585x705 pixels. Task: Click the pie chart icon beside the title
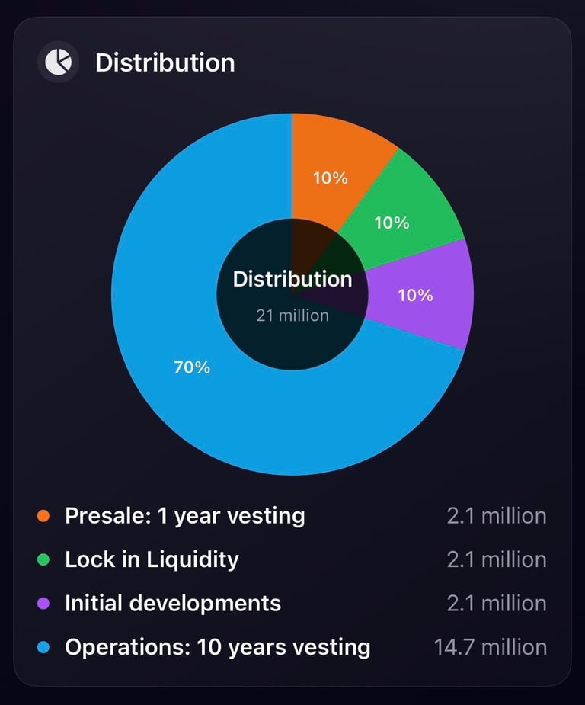click(58, 62)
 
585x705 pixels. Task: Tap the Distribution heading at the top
click(165, 62)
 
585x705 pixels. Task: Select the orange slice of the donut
click(335, 152)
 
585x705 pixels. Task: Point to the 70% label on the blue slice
click(192, 367)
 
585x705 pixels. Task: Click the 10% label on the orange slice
click(330, 178)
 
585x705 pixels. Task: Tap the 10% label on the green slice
click(392, 223)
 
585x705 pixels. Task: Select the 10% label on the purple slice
click(415, 295)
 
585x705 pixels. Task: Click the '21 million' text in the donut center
click(292, 315)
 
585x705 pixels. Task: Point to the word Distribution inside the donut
click(292, 279)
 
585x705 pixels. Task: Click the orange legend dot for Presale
click(43, 516)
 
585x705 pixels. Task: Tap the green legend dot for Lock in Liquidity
click(43, 559)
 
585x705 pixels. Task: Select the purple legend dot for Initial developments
click(43, 604)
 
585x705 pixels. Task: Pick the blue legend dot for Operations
click(43, 647)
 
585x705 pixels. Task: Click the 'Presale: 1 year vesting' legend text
click(185, 516)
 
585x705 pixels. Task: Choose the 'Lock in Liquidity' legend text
click(152, 559)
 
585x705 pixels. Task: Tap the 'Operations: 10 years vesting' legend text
click(218, 647)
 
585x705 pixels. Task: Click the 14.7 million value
click(490, 647)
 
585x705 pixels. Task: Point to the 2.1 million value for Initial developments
click(497, 604)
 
